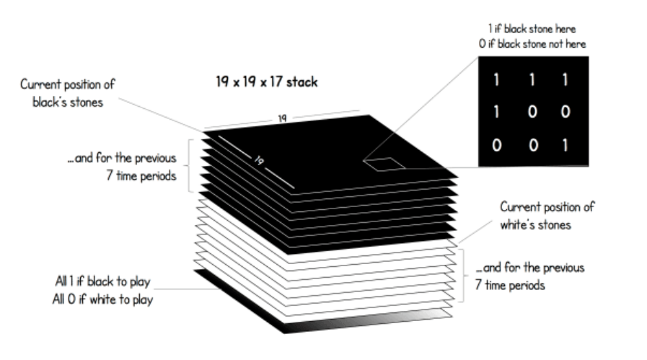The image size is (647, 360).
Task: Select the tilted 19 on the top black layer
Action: (258, 160)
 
